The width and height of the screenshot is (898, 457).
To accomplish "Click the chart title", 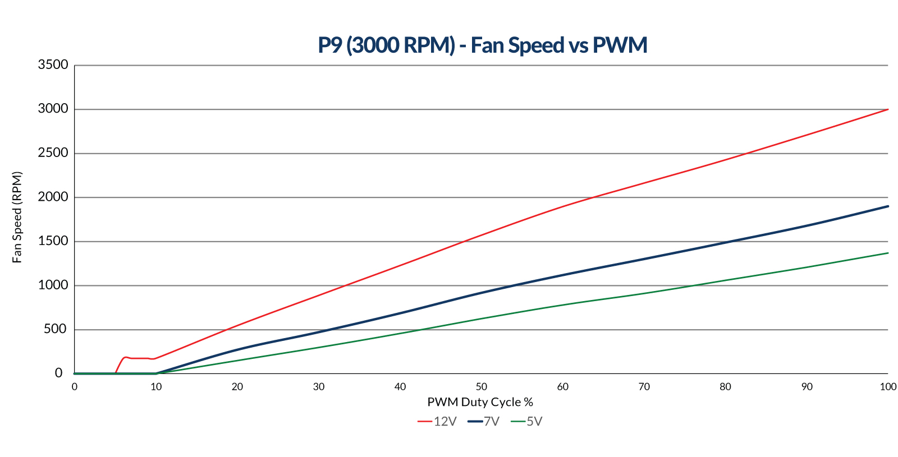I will click(x=482, y=45).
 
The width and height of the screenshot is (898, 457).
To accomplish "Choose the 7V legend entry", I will click(x=484, y=422).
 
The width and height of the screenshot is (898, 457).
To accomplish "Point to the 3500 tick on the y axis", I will click(x=53, y=65).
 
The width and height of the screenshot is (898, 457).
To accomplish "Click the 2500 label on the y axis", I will click(x=53, y=153).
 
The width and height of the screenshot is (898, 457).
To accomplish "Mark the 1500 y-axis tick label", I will click(x=53, y=241).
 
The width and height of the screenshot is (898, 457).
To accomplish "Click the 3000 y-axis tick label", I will click(x=53, y=109).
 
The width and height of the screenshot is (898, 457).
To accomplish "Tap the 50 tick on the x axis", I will click(x=481, y=387).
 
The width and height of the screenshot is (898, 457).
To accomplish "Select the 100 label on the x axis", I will click(x=888, y=387).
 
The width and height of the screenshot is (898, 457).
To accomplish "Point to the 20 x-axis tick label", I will click(x=237, y=387).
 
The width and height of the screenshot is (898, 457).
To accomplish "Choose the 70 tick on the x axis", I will click(x=644, y=387).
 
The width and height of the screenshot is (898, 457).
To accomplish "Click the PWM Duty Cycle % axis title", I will click(x=480, y=402).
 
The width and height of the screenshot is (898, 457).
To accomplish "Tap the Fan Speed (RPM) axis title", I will click(x=17, y=218).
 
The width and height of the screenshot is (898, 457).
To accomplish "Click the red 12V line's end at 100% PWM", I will click(x=887, y=109).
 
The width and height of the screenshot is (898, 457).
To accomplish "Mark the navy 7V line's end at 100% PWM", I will click(x=887, y=206).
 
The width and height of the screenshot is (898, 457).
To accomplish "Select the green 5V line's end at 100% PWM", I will click(x=887, y=253).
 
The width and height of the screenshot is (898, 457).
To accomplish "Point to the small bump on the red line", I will click(x=125, y=357).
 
